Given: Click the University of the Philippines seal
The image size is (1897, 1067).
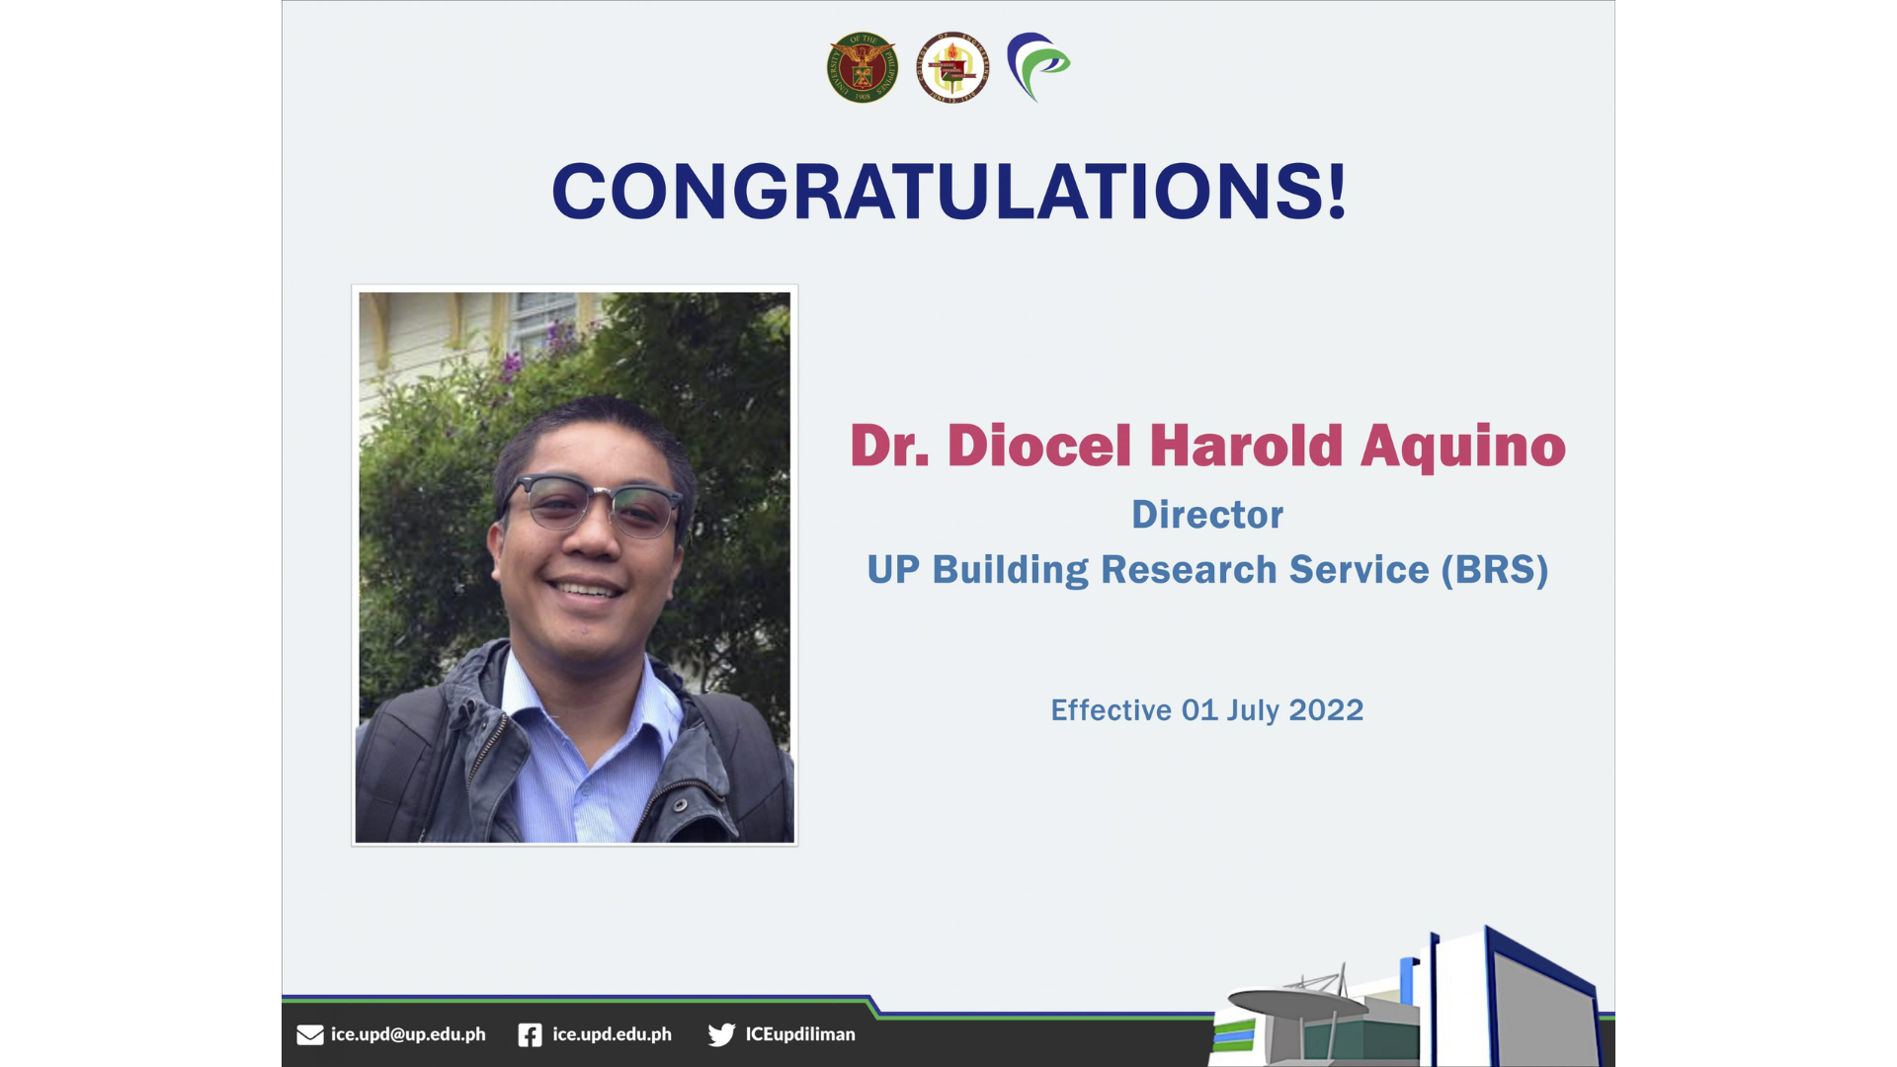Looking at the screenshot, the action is (863, 67).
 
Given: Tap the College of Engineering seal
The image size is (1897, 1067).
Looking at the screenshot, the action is (951, 67).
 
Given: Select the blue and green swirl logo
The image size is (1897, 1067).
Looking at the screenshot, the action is (1037, 67).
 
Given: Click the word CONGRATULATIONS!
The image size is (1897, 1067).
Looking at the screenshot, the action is (949, 191).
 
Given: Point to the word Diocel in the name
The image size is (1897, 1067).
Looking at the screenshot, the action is (1039, 446).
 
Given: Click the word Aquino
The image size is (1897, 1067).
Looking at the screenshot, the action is (1463, 448).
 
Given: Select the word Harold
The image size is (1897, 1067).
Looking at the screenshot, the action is (1246, 446).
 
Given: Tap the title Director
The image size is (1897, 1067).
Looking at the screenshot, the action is (1207, 515).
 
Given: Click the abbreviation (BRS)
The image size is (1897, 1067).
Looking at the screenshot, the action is (1495, 570).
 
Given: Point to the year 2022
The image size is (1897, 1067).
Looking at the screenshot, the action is (1326, 710).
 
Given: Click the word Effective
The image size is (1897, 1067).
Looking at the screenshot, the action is (1111, 710).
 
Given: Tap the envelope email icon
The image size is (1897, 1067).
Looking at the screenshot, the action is (310, 1034).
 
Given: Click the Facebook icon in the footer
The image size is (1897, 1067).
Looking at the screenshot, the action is (530, 1034).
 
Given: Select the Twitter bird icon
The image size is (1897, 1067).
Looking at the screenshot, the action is (721, 1034).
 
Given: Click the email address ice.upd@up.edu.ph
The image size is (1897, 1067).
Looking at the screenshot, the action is (408, 1034).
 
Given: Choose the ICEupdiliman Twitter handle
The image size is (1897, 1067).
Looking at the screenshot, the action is (800, 1034).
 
